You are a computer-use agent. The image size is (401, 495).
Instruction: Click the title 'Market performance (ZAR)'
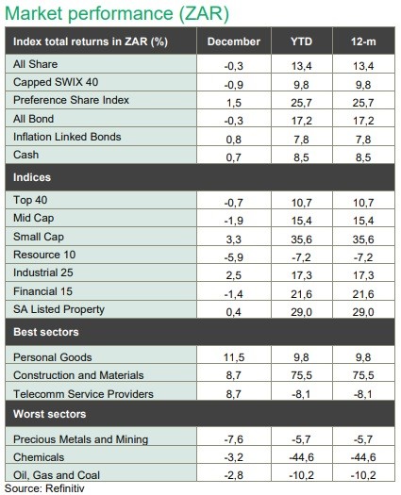[x=117, y=13]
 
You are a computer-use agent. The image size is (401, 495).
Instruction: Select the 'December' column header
[x=233, y=41]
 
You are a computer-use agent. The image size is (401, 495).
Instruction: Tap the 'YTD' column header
[x=301, y=41]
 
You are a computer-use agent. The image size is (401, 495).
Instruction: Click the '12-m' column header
[x=363, y=41]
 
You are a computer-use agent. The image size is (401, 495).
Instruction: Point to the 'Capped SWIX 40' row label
[x=56, y=82]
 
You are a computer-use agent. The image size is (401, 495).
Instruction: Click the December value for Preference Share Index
[x=233, y=103]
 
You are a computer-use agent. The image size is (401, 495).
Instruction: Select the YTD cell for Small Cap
[x=301, y=239]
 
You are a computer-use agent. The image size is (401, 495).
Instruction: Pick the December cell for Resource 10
[x=233, y=257]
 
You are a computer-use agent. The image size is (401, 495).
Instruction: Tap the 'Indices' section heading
[x=32, y=177]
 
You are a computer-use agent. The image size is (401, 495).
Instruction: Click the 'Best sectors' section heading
[x=46, y=332]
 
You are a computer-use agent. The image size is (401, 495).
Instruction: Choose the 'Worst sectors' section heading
[x=50, y=414]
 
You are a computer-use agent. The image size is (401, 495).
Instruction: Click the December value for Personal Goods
[x=233, y=357]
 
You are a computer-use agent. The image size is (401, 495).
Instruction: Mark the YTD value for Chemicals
[x=301, y=457]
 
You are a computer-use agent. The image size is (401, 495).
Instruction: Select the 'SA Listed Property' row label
[x=58, y=309]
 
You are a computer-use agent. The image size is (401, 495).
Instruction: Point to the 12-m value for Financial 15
[x=363, y=294]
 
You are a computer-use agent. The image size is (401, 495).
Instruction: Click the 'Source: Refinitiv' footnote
[x=44, y=488]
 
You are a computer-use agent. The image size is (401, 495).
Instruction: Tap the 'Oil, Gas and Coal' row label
[x=57, y=475]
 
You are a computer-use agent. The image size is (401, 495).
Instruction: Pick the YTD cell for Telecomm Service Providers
[x=301, y=394]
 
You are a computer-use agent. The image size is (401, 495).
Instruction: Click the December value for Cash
[x=233, y=157]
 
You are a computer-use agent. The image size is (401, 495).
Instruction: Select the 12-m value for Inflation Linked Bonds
[x=363, y=140]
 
